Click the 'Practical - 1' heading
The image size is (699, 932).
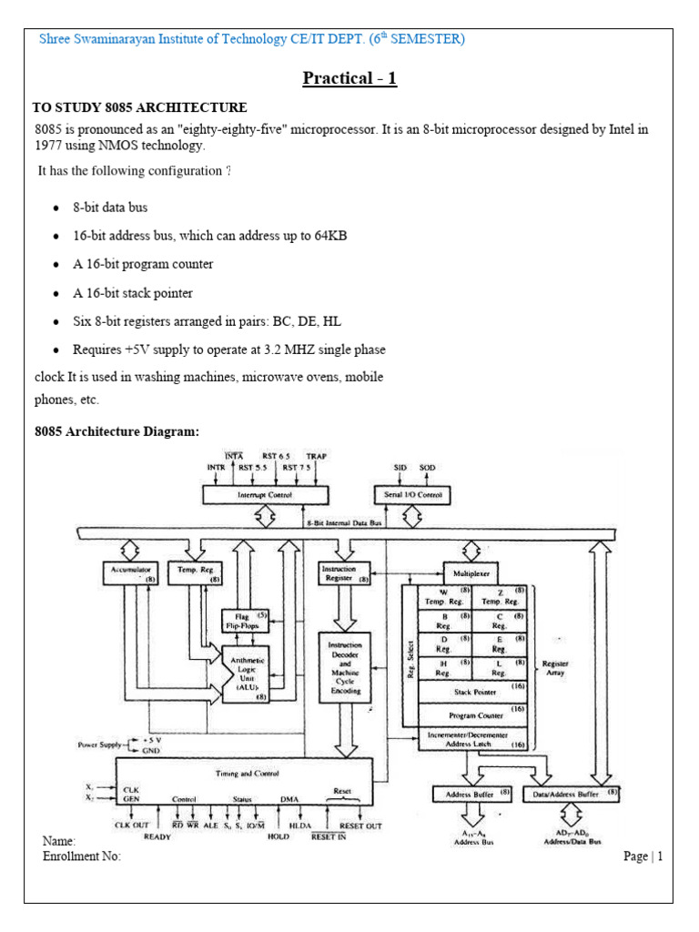click(x=349, y=78)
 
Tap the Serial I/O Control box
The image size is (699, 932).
click(x=413, y=494)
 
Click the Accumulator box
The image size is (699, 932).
click(x=131, y=572)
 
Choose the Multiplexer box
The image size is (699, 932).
click(x=471, y=575)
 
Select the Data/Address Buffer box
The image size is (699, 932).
click(x=575, y=794)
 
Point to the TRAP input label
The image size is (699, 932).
click(x=316, y=456)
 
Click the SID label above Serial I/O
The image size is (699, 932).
click(x=400, y=467)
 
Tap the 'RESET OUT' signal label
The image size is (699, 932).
click(x=360, y=826)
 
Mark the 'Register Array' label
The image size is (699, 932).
click(x=555, y=667)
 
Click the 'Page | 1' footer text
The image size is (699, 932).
click(x=643, y=856)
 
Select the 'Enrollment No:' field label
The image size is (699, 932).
click(x=82, y=856)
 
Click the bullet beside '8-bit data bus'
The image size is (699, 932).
click(x=56, y=208)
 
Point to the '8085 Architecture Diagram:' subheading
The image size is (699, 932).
click(x=116, y=431)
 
